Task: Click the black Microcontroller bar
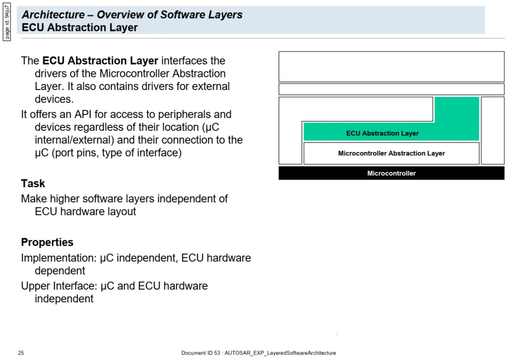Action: click(391, 173)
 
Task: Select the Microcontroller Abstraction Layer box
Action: click(391, 153)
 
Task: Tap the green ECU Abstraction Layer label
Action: click(382, 133)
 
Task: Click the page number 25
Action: click(21, 353)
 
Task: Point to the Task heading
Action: click(33, 183)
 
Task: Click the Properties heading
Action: click(47, 242)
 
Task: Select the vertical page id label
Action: click(7, 22)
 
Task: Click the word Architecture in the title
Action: click(53, 14)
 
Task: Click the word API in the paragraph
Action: click(83, 115)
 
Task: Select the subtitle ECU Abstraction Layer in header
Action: click(79, 27)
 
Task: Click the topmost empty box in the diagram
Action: click(391, 66)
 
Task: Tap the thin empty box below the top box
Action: click(391, 89)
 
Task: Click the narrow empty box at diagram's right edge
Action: click(493, 130)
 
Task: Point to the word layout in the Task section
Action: click(121, 212)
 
